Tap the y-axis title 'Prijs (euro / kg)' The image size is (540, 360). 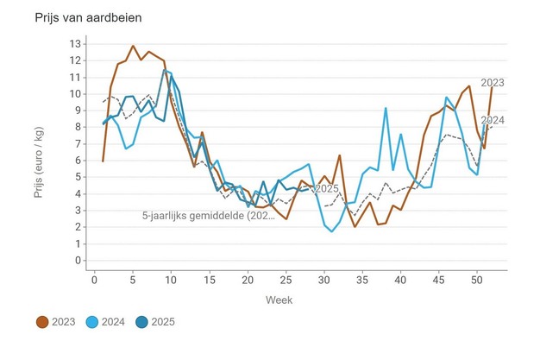[x=39, y=151]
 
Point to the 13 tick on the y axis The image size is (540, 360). [x=76, y=43]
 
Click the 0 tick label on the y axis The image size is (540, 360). [x=78, y=261]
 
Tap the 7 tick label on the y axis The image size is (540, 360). [x=78, y=143]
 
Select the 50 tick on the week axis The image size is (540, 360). [x=476, y=278]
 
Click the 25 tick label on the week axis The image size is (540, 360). [x=286, y=278]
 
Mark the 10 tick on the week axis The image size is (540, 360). [x=171, y=278]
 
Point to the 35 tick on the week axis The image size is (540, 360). [x=361, y=278]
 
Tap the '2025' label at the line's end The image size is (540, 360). [x=326, y=188]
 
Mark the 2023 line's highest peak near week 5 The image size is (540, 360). [x=133, y=46]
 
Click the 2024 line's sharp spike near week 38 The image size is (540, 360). [x=386, y=108]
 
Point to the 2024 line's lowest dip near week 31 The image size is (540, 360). [x=331, y=231]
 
